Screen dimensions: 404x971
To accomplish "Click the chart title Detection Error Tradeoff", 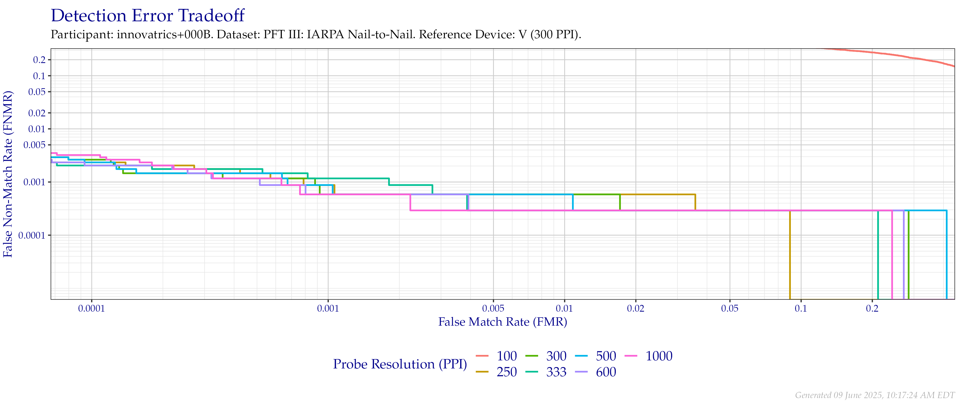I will pyautogui.click(x=148, y=16).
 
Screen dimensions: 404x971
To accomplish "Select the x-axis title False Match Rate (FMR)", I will pyautogui.click(x=502, y=322).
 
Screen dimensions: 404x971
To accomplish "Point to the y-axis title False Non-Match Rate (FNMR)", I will pyautogui.click(x=8, y=174).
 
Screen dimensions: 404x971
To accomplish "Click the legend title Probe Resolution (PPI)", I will pyautogui.click(x=400, y=364).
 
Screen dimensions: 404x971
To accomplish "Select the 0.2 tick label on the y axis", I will pyautogui.click(x=39, y=60).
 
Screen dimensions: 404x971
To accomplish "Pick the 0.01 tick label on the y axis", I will pyautogui.click(x=37, y=129).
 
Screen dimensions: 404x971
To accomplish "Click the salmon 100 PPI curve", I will pyautogui.click(x=905, y=57).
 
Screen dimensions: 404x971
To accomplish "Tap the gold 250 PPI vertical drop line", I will pyautogui.click(x=790, y=256).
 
